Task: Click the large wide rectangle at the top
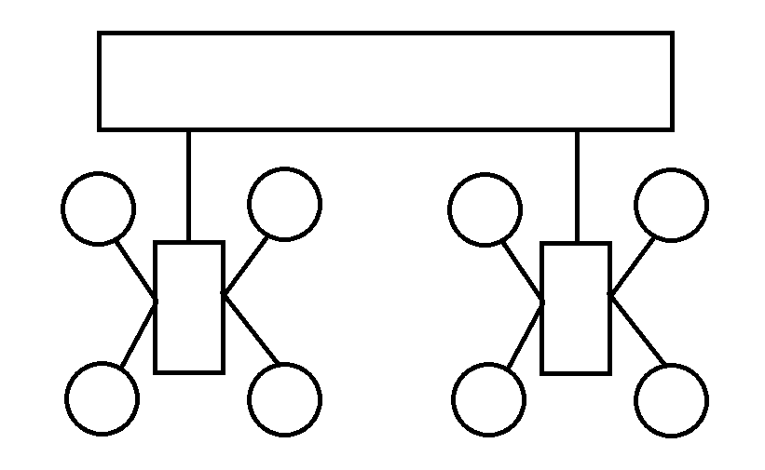(385, 81)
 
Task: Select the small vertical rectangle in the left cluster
(189, 307)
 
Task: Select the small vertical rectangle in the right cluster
(576, 307)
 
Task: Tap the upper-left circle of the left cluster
(98, 208)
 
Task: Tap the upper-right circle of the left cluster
(284, 204)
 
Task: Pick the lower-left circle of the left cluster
(102, 398)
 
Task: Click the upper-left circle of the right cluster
(485, 209)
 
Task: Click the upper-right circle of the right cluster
(671, 205)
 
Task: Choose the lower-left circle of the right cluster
(488, 399)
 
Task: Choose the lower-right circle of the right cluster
(671, 401)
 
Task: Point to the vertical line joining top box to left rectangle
(188, 185)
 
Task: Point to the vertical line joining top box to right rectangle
(577, 185)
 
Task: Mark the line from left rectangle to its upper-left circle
(135, 270)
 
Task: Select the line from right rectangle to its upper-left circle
(523, 271)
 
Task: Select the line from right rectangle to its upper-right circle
(632, 266)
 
